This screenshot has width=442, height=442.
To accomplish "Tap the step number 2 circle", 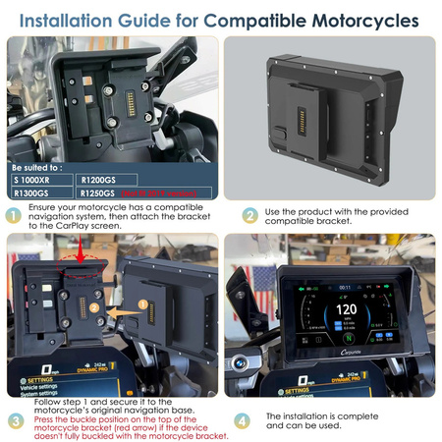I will pyautogui.click(x=250, y=216).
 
